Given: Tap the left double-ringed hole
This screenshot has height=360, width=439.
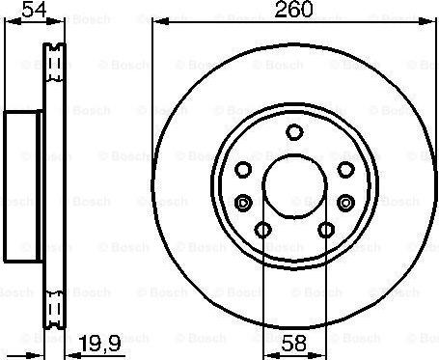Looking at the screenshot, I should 241,202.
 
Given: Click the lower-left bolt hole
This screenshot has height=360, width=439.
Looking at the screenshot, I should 261,230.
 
